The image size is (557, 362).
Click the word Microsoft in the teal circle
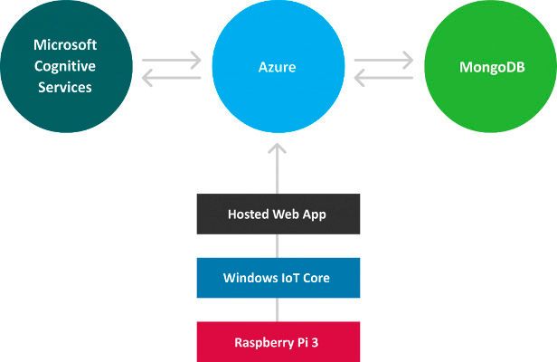pos(65,43)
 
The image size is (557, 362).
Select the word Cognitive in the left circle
pos(65,65)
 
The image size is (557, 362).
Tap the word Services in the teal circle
pos(65,87)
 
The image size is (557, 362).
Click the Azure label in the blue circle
pos(278,67)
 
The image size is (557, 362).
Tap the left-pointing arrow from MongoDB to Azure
pos(383,79)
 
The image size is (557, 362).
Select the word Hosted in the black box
pos(245,214)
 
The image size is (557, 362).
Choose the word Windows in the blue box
pos(247,278)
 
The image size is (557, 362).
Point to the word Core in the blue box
pos(316,278)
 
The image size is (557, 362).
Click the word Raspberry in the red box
pos(262,342)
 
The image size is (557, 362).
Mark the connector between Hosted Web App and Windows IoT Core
pos(278,246)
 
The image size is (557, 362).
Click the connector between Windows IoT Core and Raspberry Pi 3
pos(278,310)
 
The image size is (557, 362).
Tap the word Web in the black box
pos(285,214)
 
